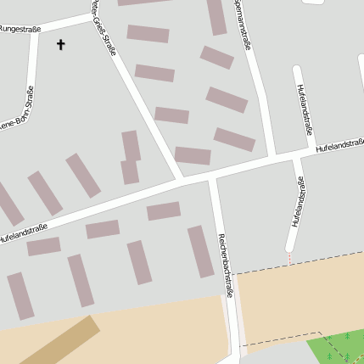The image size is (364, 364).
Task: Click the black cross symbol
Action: (61, 43)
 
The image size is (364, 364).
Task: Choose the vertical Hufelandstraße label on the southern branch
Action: (297, 202)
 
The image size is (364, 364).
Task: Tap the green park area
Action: (339, 348)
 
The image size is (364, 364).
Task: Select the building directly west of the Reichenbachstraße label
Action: (200, 250)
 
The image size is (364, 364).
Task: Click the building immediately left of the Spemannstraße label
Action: (217, 16)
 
